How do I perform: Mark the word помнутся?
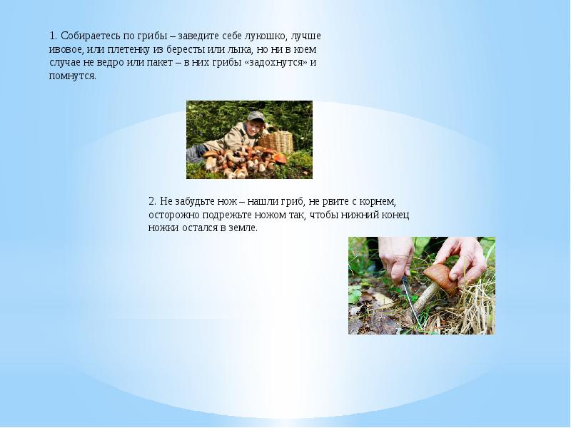point(73,76)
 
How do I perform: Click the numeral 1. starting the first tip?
point(54,36)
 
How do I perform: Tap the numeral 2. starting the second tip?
point(153,201)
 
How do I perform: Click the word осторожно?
point(173,215)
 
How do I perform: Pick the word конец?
point(395,215)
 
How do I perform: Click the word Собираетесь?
point(91,36)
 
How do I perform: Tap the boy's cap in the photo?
point(256,116)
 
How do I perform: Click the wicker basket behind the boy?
point(276,142)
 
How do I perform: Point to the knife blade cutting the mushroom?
point(412,302)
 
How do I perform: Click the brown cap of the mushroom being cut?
point(442,277)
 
